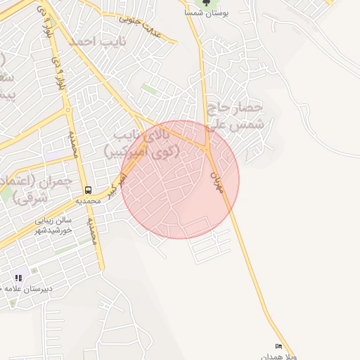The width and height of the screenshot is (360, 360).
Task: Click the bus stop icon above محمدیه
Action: tap(88, 190)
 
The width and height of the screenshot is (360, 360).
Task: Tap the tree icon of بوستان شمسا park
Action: tap(205, 3)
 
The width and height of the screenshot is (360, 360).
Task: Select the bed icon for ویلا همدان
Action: tap(279, 347)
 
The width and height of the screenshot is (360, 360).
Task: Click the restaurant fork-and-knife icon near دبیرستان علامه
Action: tap(18, 278)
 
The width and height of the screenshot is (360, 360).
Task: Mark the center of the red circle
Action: tap(180, 179)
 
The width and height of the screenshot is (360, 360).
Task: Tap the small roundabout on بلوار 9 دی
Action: tap(67, 110)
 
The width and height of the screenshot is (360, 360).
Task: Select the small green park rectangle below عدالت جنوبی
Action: tap(148, 89)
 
